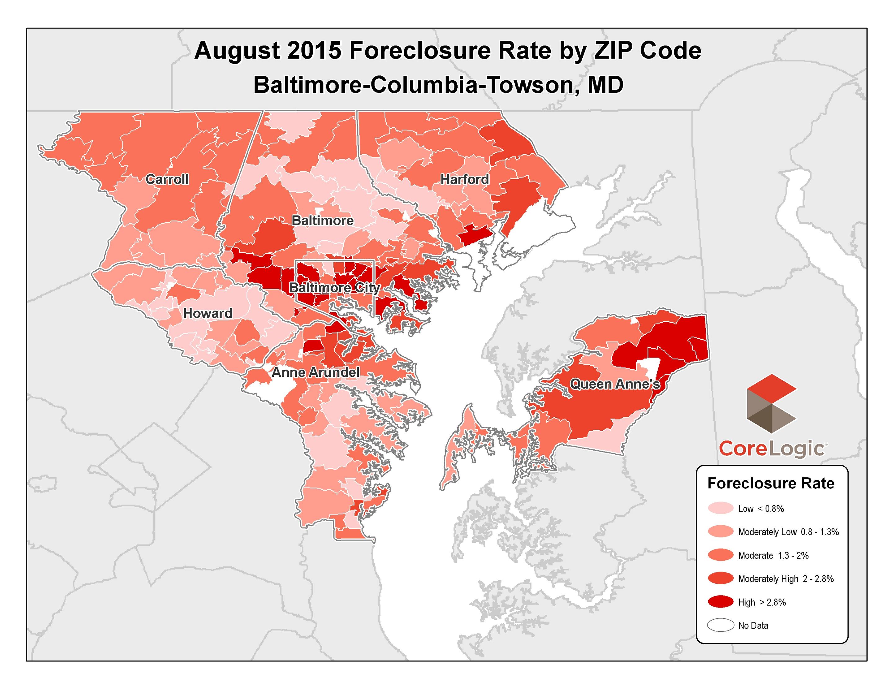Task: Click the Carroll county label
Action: click(167, 179)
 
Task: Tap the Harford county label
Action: click(464, 179)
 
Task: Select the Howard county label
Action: click(207, 313)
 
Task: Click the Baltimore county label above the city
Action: click(322, 220)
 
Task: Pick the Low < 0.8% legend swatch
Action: click(721, 508)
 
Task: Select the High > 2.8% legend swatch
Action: click(721, 602)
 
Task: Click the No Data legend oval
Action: click(721, 625)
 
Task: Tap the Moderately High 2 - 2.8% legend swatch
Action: click(721, 578)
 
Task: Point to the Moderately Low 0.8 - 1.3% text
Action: click(788, 532)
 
